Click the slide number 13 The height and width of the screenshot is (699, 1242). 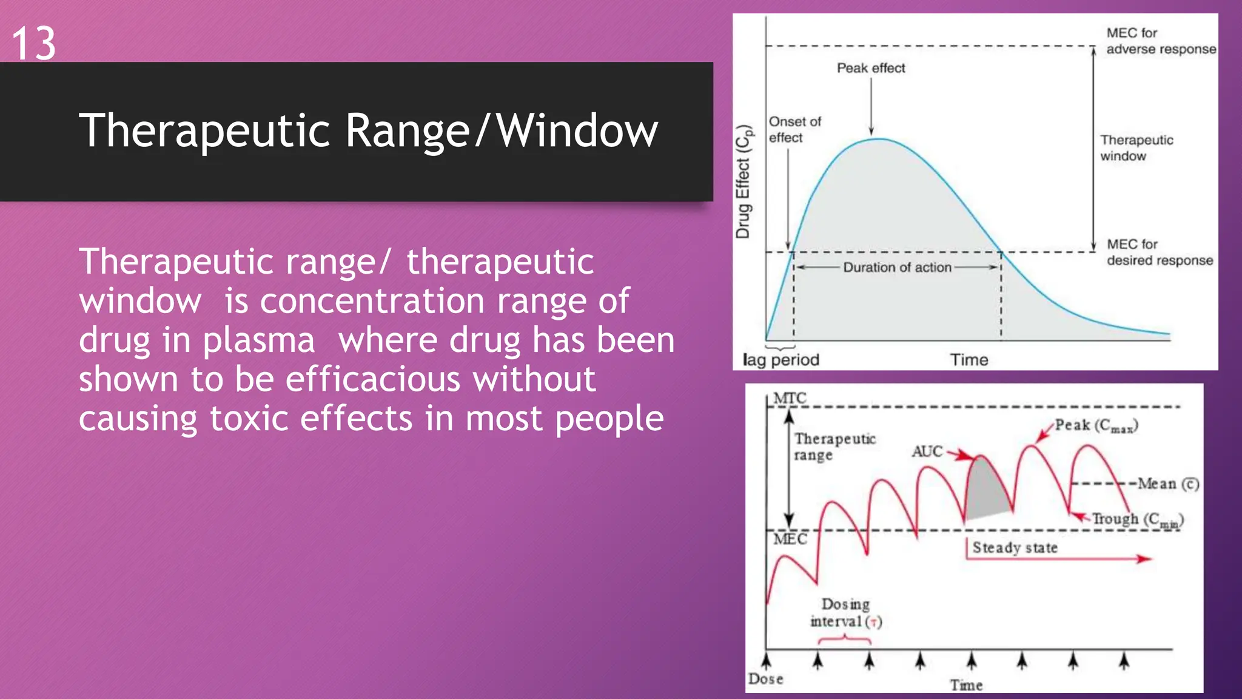pyautogui.click(x=34, y=44)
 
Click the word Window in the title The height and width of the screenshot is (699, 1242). pyautogui.click(x=577, y=130)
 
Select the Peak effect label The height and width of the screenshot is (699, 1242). pyautogui.click(x=871, y=68)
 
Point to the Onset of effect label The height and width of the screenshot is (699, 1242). pyautogui.click(x=794, y=130)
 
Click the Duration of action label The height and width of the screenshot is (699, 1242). pyautogui.click(x=897, y=268)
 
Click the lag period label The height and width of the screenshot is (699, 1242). pyautogui.click(x=780, y=360)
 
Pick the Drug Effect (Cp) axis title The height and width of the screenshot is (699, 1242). pyautogui.click(x=744, y=182)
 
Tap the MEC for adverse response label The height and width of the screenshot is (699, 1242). pyautogui.click(x=1160, y=41)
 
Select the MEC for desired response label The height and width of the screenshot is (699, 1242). pyautogui.click(x=1159, y=252)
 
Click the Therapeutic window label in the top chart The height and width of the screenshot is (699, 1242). pyautogui.click(x=1136, y=148)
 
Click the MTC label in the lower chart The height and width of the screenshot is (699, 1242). pyautogui.click(x=790, y=398)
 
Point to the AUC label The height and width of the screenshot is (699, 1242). pyautogui.click(x=927, y=451)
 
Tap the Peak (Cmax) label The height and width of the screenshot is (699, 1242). pyautogui.click(x=1096, y=425)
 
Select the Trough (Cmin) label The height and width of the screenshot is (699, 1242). pyautogui.click(x=1137, y=519)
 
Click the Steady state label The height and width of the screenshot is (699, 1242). pyautogui.click(x=1015, y=547)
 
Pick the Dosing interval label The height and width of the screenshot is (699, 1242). pyautogui.click(x=845, y=613)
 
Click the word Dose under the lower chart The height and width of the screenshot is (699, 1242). pyautogui.click(x=765, y=679)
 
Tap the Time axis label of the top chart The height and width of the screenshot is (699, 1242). pyautogui.click(x=968, y=360)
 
